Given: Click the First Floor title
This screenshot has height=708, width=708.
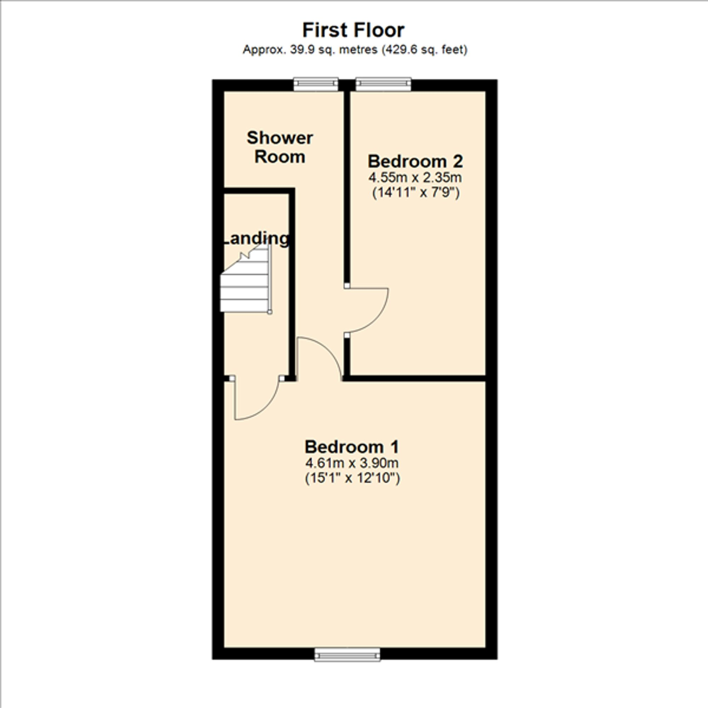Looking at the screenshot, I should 353,30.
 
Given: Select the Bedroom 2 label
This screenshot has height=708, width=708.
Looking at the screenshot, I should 415,161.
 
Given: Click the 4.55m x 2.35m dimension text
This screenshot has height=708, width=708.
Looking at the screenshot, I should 415,178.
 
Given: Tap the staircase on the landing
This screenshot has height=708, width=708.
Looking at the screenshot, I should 246,290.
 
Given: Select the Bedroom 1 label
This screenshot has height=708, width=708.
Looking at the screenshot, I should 352,447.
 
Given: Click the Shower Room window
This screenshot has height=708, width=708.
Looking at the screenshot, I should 316,84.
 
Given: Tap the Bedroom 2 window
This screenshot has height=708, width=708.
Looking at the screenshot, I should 383,84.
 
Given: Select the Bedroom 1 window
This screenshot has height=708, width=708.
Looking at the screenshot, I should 347,655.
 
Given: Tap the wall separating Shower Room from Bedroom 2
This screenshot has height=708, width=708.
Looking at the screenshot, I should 347,183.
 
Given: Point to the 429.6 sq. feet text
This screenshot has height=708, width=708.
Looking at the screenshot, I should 425,50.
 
